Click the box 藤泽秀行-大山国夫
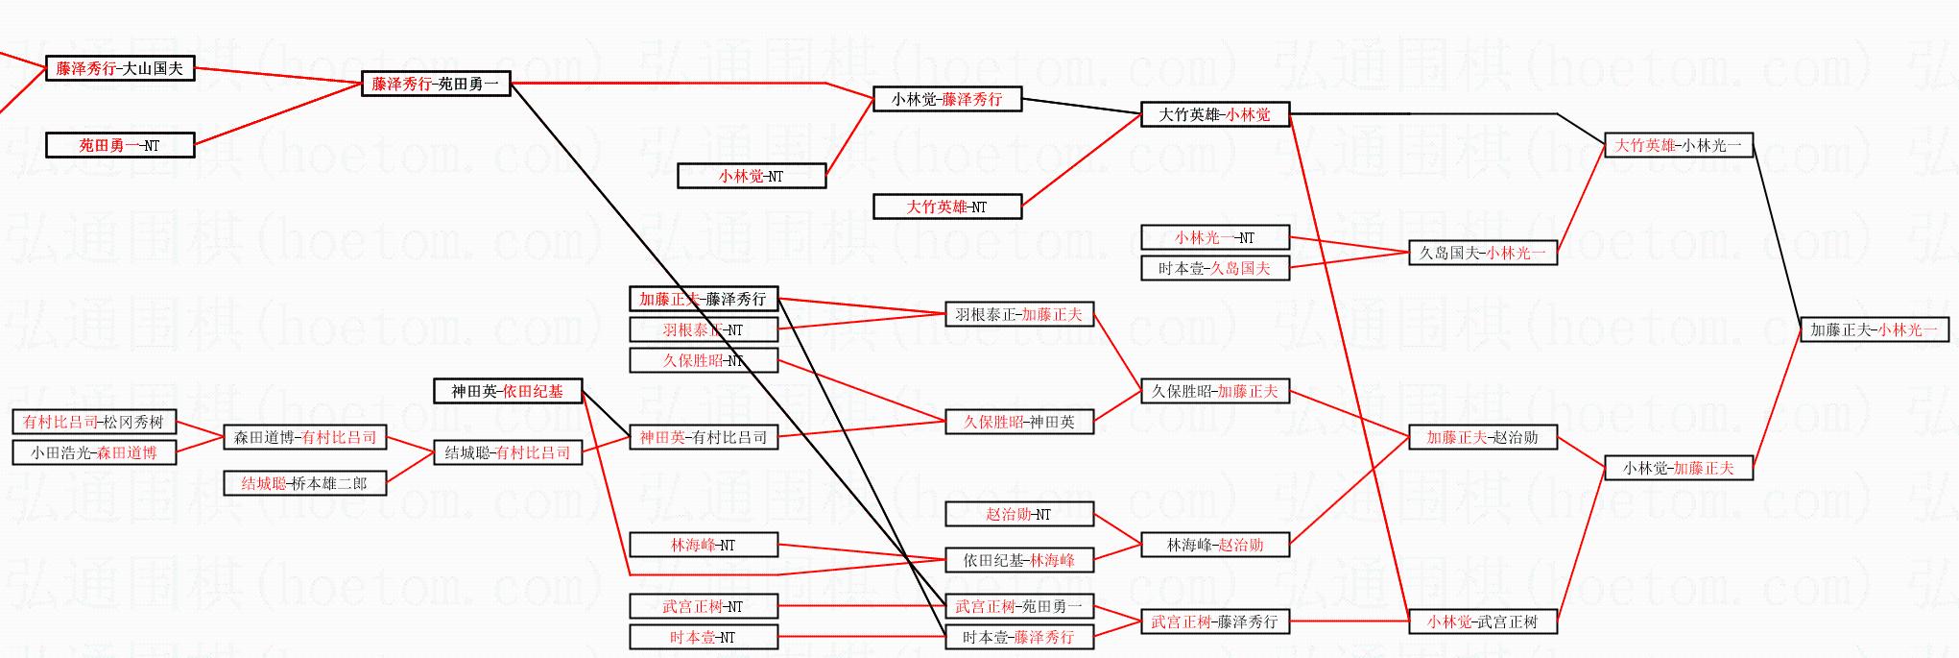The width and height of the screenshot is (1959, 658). point(120,69)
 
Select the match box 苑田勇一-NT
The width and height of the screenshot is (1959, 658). point(120,146)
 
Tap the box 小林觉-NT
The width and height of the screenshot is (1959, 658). point(751,177)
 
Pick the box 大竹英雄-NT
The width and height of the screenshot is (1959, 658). point(946,207)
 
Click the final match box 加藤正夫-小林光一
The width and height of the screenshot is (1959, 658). point(1874,330)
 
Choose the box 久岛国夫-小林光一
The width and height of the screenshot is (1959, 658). point(1483,254)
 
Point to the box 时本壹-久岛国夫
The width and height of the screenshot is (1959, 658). point(1214,269)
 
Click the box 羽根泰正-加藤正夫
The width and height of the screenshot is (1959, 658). point(1018,315)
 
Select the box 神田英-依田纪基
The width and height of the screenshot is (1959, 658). point(508,392)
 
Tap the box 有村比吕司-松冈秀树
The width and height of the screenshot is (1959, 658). point(94,423)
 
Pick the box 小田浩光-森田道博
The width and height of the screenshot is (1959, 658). point(94,453)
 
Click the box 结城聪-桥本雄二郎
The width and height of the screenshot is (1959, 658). point(304,484)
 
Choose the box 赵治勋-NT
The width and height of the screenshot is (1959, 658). point(1018,515)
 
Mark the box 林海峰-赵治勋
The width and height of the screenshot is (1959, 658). point(1214,546)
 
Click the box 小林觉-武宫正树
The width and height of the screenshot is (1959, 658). point(1483,622)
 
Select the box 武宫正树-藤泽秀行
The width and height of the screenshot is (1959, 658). point(1214,622)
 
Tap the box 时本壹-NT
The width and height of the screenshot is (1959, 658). point(703,638)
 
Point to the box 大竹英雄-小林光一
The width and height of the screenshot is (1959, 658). point(1679,146)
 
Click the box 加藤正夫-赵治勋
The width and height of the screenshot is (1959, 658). point(1483,438)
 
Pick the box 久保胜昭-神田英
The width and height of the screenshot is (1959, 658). point(1018,423)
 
